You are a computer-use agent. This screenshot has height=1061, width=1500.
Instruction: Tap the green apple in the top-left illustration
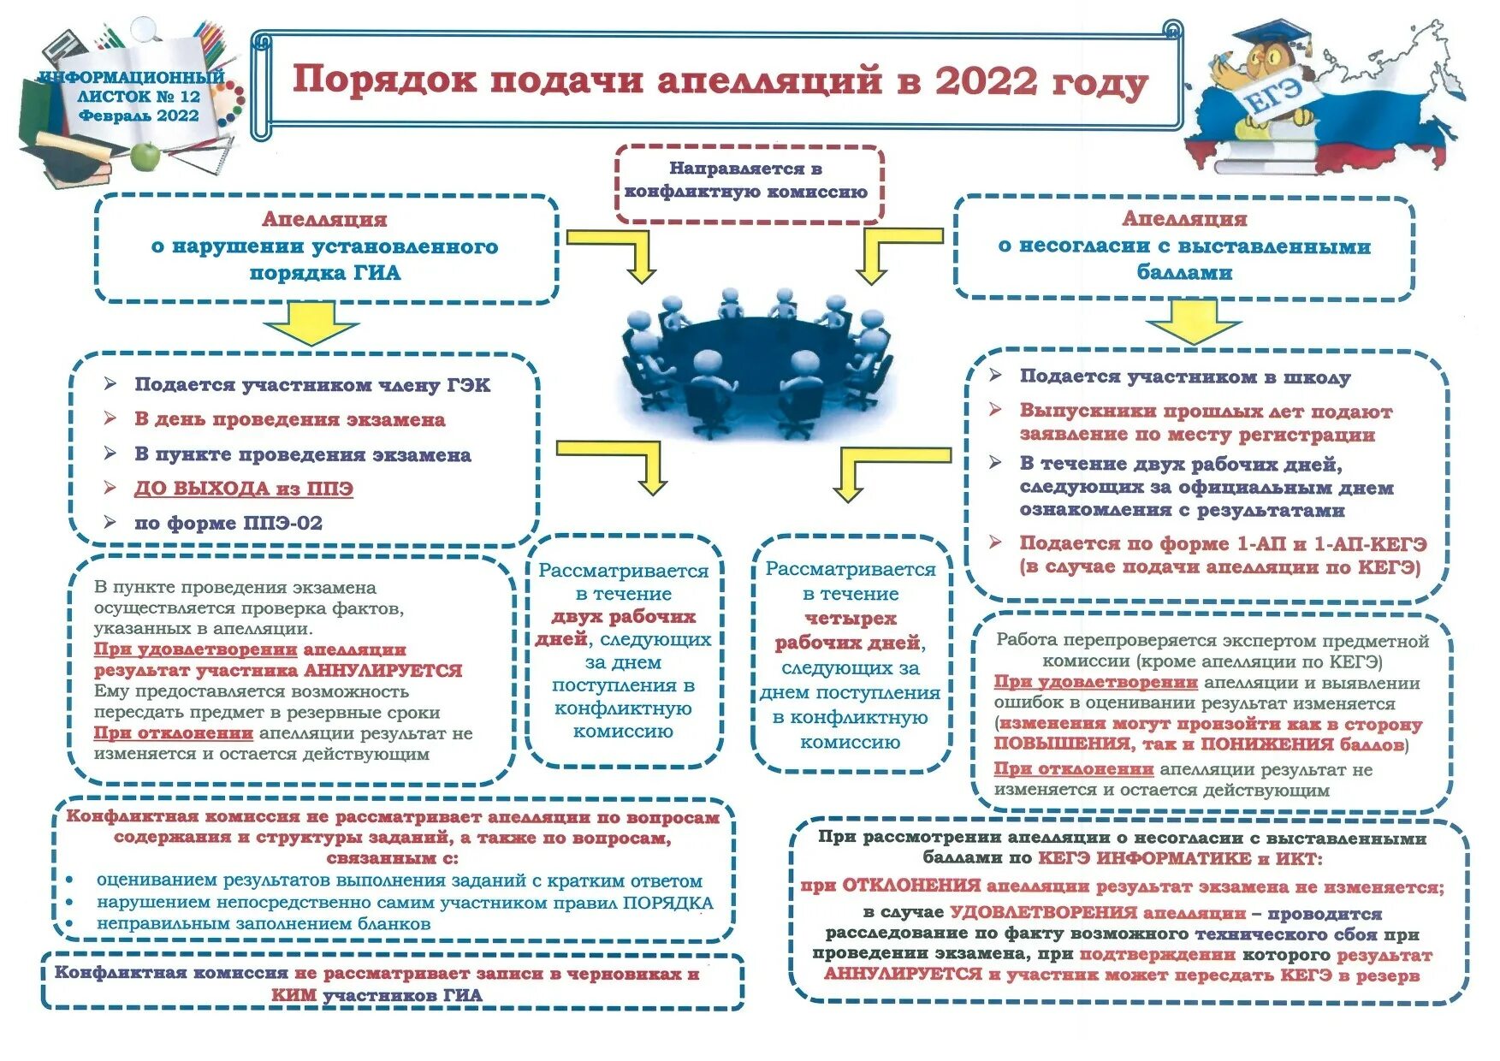coord(146,156)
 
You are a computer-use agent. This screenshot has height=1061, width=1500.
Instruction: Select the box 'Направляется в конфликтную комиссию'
coord(747,181)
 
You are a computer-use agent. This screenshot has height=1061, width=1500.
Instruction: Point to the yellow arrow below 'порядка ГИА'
coord(310,323)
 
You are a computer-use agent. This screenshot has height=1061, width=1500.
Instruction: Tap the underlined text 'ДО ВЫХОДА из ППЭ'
coord(243,489)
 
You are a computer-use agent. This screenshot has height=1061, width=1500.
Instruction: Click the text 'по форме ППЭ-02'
coord(228,523)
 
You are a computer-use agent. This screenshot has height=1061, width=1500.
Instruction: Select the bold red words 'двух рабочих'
coord(623,616)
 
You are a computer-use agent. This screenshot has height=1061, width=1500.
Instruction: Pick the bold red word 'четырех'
coord(850,618)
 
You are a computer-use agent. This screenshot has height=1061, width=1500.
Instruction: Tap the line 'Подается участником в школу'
coord(1184,376)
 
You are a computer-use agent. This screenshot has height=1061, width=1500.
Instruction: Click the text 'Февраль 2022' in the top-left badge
coord(139,116)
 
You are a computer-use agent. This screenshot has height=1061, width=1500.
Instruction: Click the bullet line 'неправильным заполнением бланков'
coord(263,923)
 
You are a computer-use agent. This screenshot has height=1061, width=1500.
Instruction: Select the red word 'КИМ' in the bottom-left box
coord(293,995)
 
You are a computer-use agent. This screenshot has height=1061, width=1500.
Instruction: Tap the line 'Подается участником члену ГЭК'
coord(311,385)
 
